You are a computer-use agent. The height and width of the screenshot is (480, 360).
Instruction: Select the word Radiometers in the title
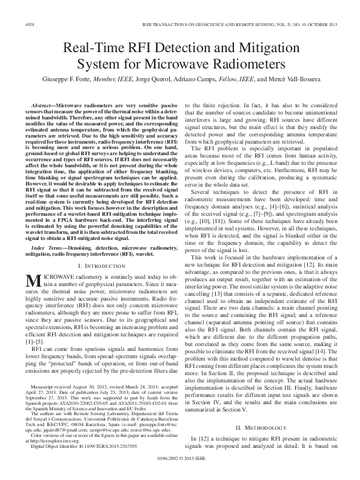click(x=251, y=64)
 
